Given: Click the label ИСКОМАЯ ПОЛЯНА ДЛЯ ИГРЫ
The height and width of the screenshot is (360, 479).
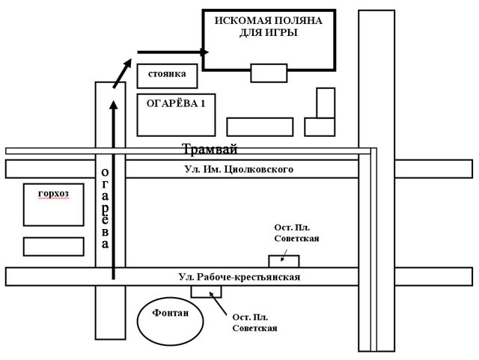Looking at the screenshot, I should point(267,26).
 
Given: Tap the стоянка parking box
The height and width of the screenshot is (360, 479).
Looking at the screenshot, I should point(167,75).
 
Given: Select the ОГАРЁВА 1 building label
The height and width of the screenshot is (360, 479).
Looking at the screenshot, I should point(176,104).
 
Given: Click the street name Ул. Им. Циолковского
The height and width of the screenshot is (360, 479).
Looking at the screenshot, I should point(238,169).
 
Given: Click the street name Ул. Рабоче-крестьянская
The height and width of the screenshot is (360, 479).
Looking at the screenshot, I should point(239,277).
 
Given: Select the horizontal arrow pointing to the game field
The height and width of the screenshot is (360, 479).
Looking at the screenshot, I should point(171,52).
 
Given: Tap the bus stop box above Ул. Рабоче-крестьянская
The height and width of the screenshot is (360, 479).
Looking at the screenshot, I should point(284,260).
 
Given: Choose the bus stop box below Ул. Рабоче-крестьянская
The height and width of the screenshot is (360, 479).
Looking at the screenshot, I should point(201,291).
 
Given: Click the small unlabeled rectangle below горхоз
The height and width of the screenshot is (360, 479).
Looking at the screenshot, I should point(53,246).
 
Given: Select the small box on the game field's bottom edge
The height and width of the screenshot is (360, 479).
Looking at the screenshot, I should point(268,73).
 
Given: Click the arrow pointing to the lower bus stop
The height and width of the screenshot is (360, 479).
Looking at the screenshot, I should point(220,304).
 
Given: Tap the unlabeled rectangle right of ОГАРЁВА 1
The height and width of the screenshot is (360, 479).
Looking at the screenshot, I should point(259,126).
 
